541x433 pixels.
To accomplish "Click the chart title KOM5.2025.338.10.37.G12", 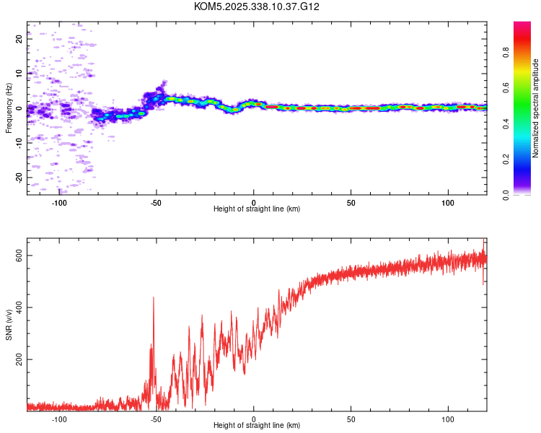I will pyautogui.click(x=257, y=6).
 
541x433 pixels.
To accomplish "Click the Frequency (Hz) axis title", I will pyautogui.click(x=9, y=108).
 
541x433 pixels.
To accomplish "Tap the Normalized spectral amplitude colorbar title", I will pyautogui.click(x=536, y=108).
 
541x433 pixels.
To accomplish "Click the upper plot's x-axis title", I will pyautogui.click(x=257, y=209).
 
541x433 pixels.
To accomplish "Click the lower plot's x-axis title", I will pyautogui.click(x=257, y=425).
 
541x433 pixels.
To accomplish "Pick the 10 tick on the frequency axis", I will pyautogui.click(x=19, y=74).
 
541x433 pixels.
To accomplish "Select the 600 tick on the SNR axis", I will pyautogui.click(x=19, y=256).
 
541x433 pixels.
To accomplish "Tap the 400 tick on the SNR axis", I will pyautogui.click(x=19, y=307).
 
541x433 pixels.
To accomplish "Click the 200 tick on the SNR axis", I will pyautogui.click(x=19, y=359).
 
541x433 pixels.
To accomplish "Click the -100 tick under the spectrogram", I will pyautogui.click(x=60, y=201).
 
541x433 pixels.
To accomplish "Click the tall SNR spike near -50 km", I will pyautogui.click(x=153, y=298).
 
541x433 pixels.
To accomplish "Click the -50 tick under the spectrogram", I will pyautogui.click(x=157, y=201).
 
